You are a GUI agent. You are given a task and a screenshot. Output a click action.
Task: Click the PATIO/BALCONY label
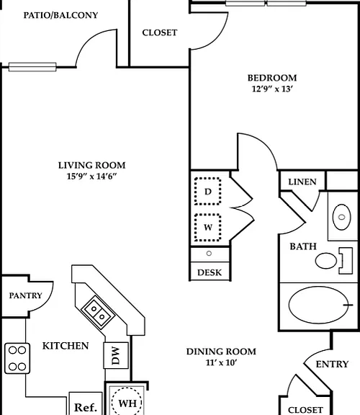point(60,15)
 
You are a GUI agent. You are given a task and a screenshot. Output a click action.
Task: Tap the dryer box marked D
point(208,191)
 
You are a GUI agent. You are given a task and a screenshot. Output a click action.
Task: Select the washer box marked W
point(208,228)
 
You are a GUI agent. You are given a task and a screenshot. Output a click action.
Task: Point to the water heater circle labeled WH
point(127,403)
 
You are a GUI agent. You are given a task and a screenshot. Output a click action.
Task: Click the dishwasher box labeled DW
point(116,355)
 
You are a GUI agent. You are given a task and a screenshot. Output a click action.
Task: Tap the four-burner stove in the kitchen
point(17,358)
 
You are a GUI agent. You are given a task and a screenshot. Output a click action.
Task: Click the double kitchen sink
point(98,312)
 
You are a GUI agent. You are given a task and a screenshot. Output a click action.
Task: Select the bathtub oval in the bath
point(318,305)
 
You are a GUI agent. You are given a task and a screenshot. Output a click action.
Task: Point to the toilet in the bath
point(334,261)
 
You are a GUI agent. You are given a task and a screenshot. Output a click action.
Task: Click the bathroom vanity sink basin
point(342,217)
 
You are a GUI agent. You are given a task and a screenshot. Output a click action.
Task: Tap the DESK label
point(210,272)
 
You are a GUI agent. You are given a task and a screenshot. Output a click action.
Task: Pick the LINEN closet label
point(302,182)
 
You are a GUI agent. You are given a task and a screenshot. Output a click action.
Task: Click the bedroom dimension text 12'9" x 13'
point(272,89)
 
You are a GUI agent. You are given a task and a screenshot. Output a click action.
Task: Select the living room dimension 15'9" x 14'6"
point(91,176)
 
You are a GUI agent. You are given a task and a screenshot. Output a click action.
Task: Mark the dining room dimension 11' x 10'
point(221,362)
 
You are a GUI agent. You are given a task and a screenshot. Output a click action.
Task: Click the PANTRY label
point(26,295)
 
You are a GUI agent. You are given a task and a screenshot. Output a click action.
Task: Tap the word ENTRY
point(332,364)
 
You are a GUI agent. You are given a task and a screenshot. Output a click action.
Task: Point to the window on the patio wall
point(32,67)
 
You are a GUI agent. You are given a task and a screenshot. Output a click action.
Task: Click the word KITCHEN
point(66,346)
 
